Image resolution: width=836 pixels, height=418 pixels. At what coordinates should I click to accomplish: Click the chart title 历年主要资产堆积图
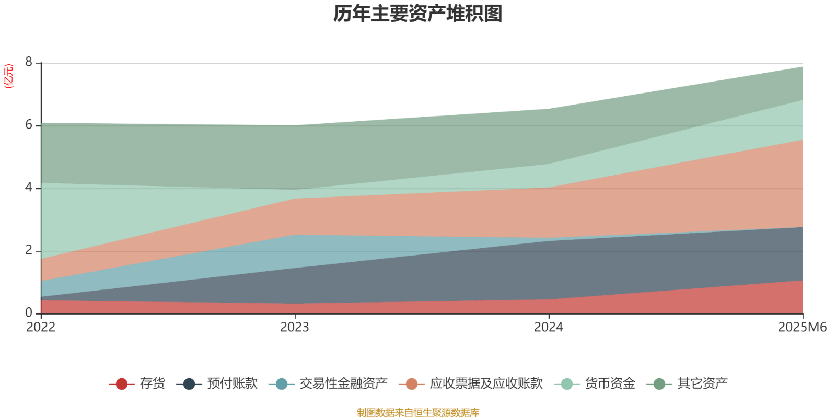tap(418, 14)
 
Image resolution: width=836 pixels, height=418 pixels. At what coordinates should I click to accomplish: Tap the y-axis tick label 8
tap(29, 63)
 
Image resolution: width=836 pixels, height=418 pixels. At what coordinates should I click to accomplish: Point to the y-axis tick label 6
tap(29, 125)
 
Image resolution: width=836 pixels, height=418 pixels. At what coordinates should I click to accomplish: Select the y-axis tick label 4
tap(29, 188)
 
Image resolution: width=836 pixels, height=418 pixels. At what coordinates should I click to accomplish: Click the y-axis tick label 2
tap(29, 251)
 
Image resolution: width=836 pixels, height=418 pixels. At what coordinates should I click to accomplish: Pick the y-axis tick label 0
tap(29, 313)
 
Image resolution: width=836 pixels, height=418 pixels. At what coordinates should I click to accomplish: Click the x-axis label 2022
tap(41, 328)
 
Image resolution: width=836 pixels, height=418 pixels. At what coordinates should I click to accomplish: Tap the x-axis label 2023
tap(295, 328)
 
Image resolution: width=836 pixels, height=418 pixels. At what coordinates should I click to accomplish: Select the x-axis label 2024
tap(549, 328)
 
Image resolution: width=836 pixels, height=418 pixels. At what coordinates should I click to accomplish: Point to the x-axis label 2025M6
tap(803, 328)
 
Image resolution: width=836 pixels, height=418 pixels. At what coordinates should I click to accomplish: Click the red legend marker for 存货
tap(122, 384)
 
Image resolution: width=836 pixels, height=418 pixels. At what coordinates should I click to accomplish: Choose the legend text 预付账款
tap(232, 384)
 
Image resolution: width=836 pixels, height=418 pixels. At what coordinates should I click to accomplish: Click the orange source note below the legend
tap(418, 413)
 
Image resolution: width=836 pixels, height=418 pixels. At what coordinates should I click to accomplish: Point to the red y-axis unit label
tap(9, 76)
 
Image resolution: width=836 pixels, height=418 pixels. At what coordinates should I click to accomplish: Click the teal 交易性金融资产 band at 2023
tap(295, 251)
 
